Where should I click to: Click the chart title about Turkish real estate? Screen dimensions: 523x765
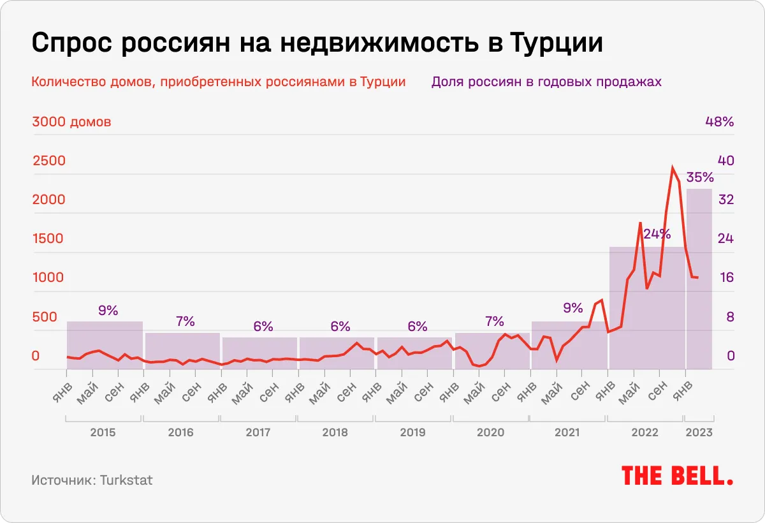point(317,44)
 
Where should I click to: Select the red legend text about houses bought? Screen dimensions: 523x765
point(218,82)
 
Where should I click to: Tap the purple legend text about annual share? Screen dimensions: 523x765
point(546,82)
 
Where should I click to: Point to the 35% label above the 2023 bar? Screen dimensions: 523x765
point(699,177)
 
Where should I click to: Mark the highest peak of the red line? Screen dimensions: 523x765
point(673,168)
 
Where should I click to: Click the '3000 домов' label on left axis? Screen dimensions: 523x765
point(71,122)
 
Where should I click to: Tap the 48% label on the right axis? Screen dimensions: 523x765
point(720,122)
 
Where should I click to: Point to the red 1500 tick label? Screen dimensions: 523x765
point(48,239)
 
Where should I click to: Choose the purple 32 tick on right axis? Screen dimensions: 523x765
point(726,200)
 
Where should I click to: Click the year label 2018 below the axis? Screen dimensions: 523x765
point(335,432)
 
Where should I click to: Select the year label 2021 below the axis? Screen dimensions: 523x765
point(567,432)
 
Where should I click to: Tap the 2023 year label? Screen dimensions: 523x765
point(699,432)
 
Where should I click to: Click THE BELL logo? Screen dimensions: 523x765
point(677,476)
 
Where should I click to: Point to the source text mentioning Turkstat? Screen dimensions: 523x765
point(92,480)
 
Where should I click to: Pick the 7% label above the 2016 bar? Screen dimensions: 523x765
point(185,321)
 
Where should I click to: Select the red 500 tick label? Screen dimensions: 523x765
point(45,317)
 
